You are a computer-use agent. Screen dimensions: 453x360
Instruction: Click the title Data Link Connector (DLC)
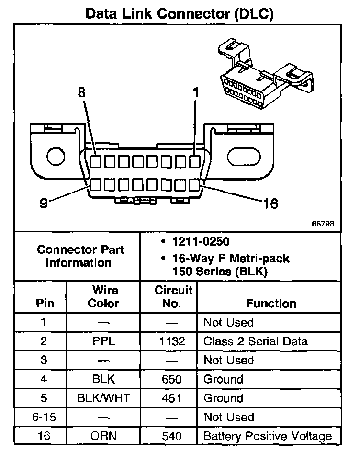tap(180, 14)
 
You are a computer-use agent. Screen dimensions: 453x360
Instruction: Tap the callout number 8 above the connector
tap(82, 92)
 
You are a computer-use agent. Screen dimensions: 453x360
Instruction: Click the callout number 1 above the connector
tap(195, 92)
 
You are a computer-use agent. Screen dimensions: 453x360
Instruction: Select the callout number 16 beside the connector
tap(270, 204)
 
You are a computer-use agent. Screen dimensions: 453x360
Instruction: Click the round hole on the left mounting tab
tap(56, 156)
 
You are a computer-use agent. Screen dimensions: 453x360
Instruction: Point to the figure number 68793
tap(323, 224)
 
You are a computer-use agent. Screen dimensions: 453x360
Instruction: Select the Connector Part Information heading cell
tap(80, 256)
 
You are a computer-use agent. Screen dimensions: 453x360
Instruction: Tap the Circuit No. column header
tap(173, 296)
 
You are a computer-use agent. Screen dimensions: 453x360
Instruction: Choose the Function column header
tap(271, 303)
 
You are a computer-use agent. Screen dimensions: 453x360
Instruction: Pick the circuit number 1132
tap(169, 341)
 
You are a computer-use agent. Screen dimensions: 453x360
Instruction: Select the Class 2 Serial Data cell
tap(255, 341)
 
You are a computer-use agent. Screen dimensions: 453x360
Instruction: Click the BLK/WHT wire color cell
tap(103, 398)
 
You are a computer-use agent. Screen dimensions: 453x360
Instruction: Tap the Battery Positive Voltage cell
tap(267, 436)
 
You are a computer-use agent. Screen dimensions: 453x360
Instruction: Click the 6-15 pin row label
tap(44, 417)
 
